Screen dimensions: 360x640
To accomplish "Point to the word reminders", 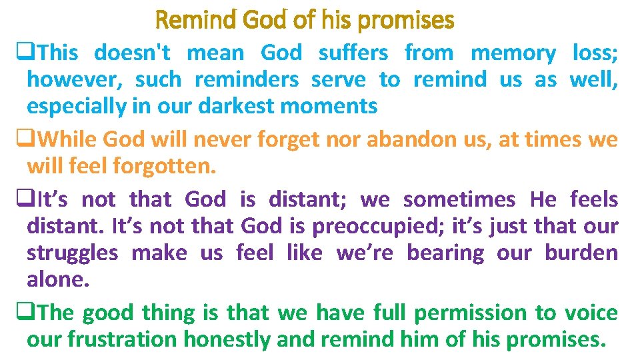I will (246, 79).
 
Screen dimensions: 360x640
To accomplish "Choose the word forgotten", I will (165, 166).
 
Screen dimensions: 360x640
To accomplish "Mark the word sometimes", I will (459, 199).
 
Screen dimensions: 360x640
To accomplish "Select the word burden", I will (581, 253).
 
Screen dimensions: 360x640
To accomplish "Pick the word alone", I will (57, 279).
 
